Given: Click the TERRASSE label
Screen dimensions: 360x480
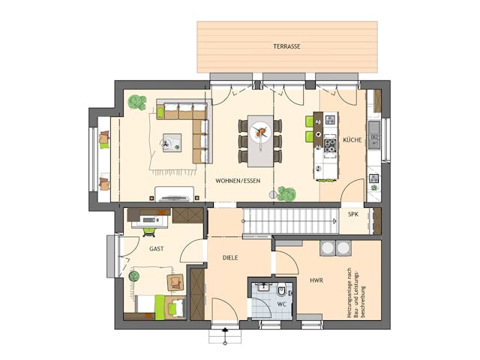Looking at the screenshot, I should pos(286,46).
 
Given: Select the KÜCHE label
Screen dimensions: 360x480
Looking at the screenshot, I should pos(352,140).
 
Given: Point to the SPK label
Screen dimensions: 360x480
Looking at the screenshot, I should pos(352,214).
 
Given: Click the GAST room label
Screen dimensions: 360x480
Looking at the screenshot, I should pos(157,248).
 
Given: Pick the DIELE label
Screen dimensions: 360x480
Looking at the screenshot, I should pos(230,257).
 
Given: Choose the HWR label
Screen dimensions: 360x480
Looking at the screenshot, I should pos(316,280).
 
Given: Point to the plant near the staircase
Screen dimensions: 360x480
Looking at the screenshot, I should pos(285,193).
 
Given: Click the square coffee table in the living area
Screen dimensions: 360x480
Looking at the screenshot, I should pos(172,142).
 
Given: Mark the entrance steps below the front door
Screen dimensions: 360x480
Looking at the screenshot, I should pos(223,336).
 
